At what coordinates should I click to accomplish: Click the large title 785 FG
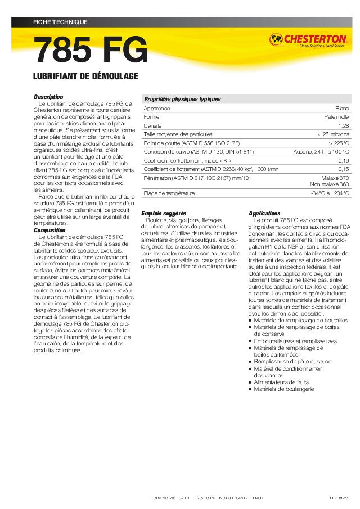coord(92,51)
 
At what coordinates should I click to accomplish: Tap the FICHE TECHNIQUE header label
coord(61,22)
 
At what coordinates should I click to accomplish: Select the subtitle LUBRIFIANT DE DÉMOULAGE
coord(85,75)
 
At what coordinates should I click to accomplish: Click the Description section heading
coord(48,97)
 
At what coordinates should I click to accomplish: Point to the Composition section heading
coord(49,230)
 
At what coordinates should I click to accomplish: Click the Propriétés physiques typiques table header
coord(182,100)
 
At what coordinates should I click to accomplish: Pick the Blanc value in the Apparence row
coord(342,108)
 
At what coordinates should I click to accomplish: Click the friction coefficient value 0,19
coord(344,160)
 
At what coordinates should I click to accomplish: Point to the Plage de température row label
coord(169,193)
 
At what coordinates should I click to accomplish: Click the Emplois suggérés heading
coord(164,214)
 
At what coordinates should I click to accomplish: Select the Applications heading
coord(264,214)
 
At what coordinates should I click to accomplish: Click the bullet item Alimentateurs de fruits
coord(281,382)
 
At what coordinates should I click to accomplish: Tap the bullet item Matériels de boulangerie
coord(283,389)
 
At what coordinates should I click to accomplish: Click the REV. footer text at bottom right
coord(339,499)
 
